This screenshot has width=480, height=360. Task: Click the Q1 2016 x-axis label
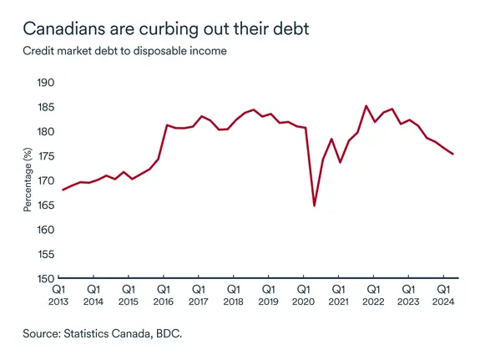point(163,295)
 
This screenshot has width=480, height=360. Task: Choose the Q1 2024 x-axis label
point(442,295)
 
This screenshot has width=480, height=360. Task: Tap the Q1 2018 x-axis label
point(233,295)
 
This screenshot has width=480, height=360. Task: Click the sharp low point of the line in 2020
point(314,205)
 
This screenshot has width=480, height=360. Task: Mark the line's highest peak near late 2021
point(366,106)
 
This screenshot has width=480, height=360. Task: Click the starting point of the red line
point(63,190)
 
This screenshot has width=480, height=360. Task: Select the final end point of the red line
point(452,154)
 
